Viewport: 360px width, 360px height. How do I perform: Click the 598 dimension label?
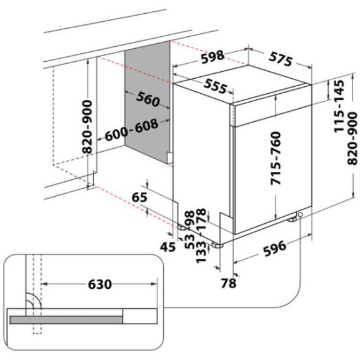pos(212,56)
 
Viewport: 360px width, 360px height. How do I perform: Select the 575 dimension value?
pos(281,59)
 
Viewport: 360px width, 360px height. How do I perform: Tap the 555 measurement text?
pos(216,86)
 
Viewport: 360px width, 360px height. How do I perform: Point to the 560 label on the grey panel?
pos(148,99)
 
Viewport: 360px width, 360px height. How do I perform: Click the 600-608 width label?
pos(131,130)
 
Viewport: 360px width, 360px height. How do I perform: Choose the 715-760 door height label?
pos(276,158)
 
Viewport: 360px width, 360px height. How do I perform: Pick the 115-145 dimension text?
pos(339,106)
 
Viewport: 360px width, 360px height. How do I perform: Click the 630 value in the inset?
pos(100,284)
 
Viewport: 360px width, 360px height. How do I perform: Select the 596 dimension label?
pos(274,248)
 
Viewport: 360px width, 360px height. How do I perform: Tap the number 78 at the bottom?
pos(229,283)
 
